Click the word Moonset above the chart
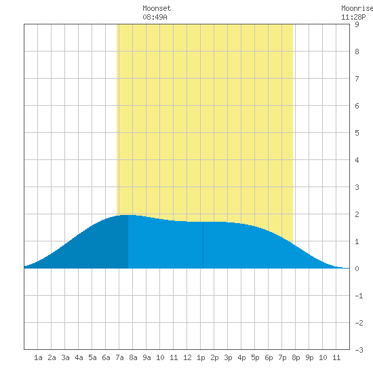pos(157,8)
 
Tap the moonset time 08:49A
pos(155,17)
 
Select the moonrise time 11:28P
pos(353,17)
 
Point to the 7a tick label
pos(119,357)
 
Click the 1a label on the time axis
pos(38,357)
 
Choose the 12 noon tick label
pos(187,357)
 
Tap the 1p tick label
pos(201,358)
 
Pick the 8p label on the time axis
pos(296,358)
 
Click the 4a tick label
pos(79,357)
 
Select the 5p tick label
pos(255,358)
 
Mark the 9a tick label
pos(146,357)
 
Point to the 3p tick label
pos(228,358)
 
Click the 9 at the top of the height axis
pos(357,24)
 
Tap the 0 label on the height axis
pos(357,269)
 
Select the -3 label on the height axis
pos(359,350)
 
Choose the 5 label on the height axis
pos(357,133)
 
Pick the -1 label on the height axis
pos(359,296)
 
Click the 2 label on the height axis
pos(357,214)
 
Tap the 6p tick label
pos(269,358)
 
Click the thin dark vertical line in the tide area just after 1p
pos(203,245)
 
